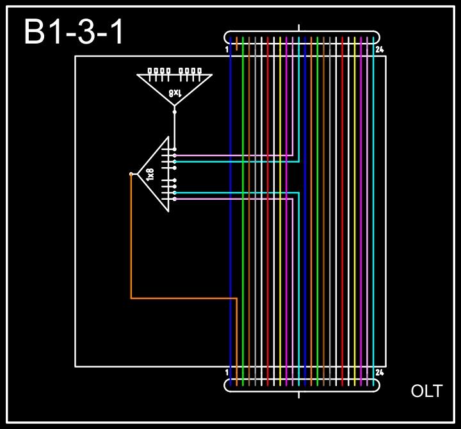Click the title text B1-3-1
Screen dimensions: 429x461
click(x=74, y=33)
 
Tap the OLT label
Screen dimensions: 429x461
click(x=426, y=391)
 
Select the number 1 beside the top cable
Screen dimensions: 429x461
click(x=227, y=49)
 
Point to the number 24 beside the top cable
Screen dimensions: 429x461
click(x=380, y=49)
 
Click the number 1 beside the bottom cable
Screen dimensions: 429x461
click(x=227, y=372)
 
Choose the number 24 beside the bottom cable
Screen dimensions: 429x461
click(x=380, y=372)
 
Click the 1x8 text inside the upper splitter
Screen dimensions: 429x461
click(x=175, y=93)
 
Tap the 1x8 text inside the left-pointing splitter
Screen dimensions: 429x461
click(x=151, y=174)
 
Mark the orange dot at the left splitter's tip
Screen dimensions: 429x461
click(x=131, y=174)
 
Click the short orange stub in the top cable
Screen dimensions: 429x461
click(x=237, y=44)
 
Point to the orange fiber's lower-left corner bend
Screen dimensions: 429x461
click(x=131, y=298)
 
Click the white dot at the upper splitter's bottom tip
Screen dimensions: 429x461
click(x=174, y=111)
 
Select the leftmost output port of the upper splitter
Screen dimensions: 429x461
click(x=150, y=71)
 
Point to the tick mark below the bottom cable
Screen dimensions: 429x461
click(x=300, y=394)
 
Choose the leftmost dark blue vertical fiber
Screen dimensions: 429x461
click(x=230, y=256)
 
